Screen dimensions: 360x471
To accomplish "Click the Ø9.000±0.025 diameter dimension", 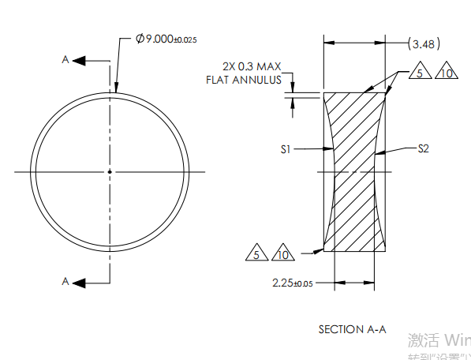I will click(166, 39).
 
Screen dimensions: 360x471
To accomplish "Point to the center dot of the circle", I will click(110, 171).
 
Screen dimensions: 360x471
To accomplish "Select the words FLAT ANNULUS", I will click(243, 80).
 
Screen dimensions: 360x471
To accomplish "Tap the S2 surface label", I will click(423, 148).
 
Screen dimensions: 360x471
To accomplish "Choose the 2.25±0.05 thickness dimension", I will click(292, 283).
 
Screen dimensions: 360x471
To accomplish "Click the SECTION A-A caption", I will click(352, 329).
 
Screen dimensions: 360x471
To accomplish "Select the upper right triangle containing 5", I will click(420, 73).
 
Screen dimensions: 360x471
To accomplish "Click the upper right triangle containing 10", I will click(447, 73).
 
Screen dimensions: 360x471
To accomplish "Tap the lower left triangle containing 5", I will click(256, 254).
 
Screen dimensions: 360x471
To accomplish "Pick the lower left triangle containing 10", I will click(282, 254).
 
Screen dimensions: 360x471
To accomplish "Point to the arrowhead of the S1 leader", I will click(331, 148).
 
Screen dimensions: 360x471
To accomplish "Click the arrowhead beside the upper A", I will click(81, 59).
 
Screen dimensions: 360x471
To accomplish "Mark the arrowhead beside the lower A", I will click(81, 282).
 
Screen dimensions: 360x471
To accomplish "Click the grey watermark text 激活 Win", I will click(439, 341).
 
